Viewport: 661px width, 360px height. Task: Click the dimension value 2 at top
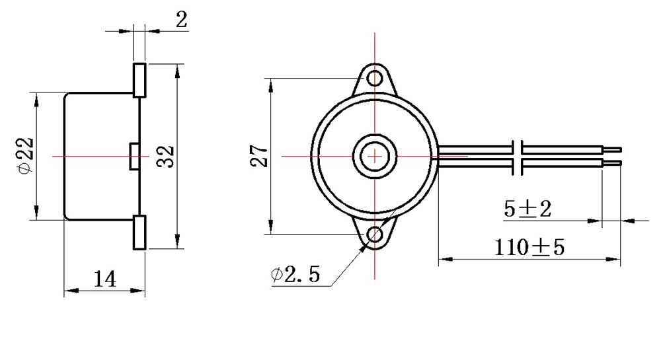coord(180,19)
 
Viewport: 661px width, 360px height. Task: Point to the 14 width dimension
coord(104,279)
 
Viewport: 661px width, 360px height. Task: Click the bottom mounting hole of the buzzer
coord(375,234)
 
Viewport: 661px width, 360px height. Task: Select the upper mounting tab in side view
coord(139,80)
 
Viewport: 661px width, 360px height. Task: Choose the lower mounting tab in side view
coord(139,233)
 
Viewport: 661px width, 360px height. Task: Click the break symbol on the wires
coord(519,157)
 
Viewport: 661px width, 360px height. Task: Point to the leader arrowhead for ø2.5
coord(364,247)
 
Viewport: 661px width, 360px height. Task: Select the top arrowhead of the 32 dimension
coord(177,69)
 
